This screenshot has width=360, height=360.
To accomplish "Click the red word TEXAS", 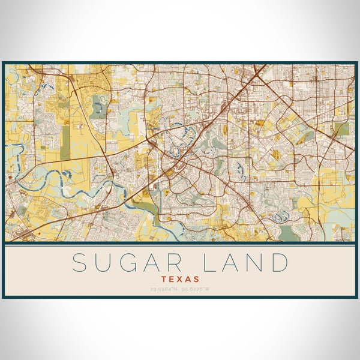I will coord(180,279).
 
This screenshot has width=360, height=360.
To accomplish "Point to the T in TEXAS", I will coord(164,279).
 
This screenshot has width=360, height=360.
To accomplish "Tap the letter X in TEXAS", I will coord(180,279).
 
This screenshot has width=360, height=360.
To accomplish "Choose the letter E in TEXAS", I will coord(172,279).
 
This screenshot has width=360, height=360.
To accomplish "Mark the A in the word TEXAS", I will coord(188,279).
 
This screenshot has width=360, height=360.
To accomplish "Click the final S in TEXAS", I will coord(197,279).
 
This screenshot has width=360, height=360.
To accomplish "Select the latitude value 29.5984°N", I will coord(163,289).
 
